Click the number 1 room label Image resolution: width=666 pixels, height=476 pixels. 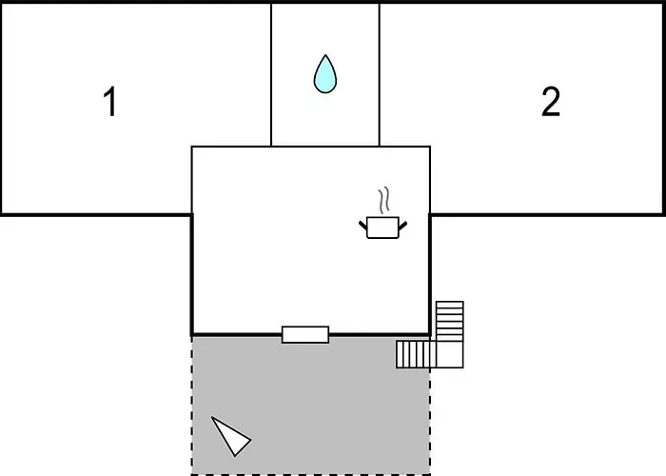point(110,101)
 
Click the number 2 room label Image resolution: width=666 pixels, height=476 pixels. point(551,101)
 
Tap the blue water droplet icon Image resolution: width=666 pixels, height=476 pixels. point(325,74)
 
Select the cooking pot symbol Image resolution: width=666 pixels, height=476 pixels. point(382,228)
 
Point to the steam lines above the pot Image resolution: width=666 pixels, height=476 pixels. point(384,200)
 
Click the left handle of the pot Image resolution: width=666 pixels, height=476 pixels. point(363,226)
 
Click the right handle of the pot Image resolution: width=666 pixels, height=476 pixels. point(402,226)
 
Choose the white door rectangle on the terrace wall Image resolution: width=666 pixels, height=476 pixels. point(305,334)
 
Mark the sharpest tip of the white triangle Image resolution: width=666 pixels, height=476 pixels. point(212,417)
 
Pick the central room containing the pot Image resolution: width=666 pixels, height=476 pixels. point(311,241)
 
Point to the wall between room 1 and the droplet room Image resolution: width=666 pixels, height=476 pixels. point(271,75)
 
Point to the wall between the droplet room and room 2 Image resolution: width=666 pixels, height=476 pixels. point(380,75)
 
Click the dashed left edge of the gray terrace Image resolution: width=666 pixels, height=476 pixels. point(192,406)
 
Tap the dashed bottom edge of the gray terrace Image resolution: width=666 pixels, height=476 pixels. point(311,474)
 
